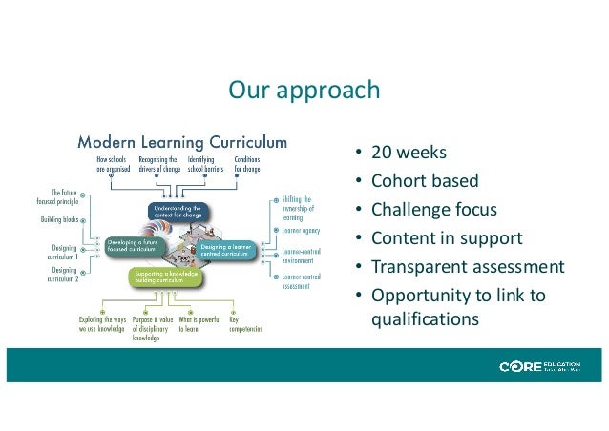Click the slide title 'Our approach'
pyautogui.click(x=304, y=91)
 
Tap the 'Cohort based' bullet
pyautogui.click(x=425, y=181)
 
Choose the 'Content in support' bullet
pyautogui.click(x=447, y=238)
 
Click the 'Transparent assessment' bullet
pyautogui.click(x=468, y=267)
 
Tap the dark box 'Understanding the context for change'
pyautogui.click(x=178, y=209)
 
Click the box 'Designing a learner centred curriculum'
pyautogui.click(x=226, y=249)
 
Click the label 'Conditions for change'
pyautogui.click(x=246, y=165)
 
